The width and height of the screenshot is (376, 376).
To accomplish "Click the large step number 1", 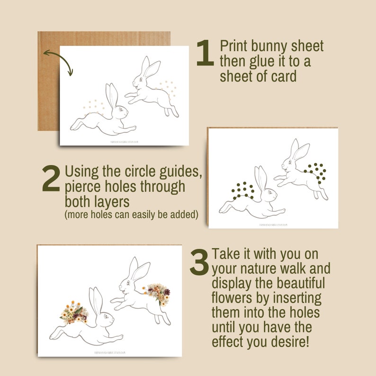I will tap(205, 54).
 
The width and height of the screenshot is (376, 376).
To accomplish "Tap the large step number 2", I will tap(51, 179).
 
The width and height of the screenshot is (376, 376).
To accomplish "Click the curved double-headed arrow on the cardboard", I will tap(57, 60).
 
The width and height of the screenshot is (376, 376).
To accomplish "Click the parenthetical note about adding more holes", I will tap(131, 214).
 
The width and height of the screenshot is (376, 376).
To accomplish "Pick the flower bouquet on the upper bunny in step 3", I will tap(158, 293).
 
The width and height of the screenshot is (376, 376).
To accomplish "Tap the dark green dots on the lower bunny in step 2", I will tap(242, 190).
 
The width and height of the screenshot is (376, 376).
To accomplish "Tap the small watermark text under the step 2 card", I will tap(273, 225).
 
